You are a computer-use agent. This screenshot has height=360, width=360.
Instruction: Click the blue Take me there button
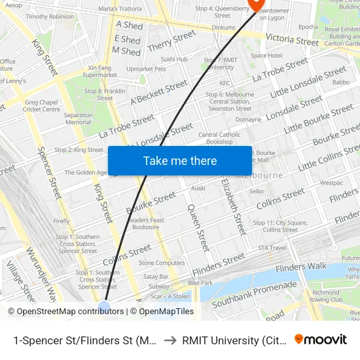180,160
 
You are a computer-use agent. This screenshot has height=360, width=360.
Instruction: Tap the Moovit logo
321,339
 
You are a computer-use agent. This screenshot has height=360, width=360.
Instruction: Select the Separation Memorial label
78,118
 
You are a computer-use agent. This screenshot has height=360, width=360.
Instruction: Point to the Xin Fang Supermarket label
100,71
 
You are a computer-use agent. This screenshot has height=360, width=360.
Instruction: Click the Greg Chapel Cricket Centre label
42,106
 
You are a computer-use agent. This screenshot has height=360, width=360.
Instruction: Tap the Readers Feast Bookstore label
145,224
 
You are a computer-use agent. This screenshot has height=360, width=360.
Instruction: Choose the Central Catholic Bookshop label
215,138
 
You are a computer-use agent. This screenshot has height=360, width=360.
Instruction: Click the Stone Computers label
161,262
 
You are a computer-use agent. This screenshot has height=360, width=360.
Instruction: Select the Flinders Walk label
301,267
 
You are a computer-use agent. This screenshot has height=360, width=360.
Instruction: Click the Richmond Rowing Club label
326,297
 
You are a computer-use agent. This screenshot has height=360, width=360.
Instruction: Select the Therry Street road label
171,41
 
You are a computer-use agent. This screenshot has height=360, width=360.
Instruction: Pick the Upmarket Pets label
146,68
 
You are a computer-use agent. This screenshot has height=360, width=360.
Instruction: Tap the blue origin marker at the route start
104,307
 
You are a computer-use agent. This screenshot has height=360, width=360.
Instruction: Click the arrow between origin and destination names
169,339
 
